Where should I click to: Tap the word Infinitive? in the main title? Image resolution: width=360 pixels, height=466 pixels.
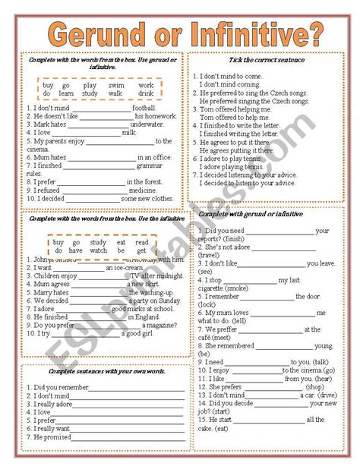(251, 35)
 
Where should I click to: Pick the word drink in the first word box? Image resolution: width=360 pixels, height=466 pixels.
(146, 94)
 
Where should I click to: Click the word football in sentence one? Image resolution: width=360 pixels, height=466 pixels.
(144, 108)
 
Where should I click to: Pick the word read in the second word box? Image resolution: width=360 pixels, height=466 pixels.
(142, 242)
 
